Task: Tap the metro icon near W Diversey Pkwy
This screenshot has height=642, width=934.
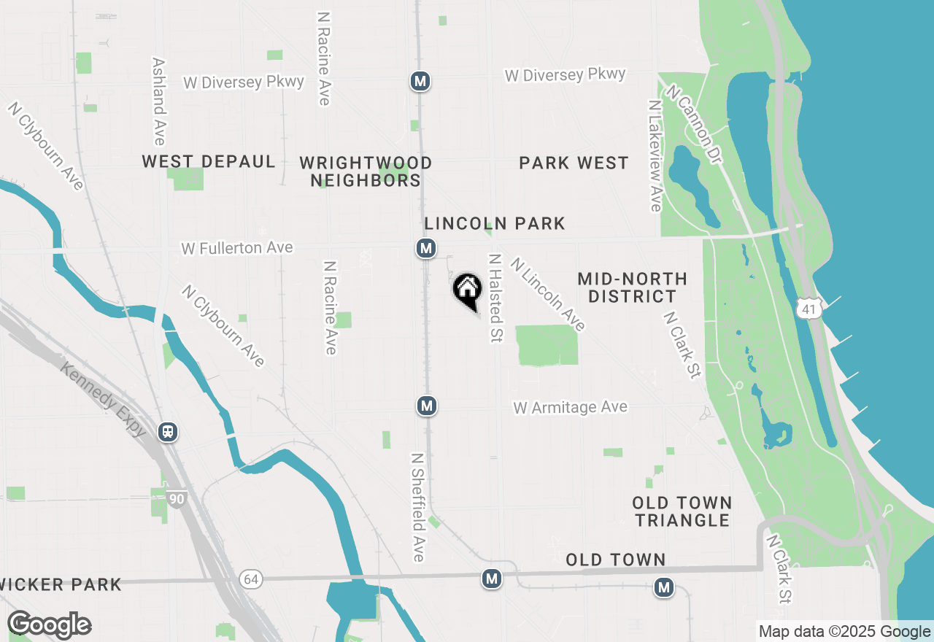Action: coord(420,81)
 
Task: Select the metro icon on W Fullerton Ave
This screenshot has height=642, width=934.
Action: coord(426,248)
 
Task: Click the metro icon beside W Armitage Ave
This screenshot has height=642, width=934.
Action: coord(428,406)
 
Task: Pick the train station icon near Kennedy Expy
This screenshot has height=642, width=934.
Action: coord(169,432)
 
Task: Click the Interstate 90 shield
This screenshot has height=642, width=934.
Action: coord(176,499)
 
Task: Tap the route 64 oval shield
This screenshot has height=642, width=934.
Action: coord(251,579)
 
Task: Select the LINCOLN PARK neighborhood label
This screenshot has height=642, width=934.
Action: coord(495,223)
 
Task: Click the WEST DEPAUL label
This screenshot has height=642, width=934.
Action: coord(209,161)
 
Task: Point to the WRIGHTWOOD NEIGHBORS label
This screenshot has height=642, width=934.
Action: coord(366,171)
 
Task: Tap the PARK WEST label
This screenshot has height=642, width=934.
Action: coord(574,163)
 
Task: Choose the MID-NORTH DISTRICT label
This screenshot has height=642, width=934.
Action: coord(632,287)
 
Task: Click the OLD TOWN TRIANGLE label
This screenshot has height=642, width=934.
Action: coord(682,511)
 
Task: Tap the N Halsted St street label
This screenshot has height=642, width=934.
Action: coord(495,298)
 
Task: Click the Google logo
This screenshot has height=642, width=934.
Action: coord(49,625)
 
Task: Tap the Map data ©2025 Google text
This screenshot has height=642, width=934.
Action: coord(844,632)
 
